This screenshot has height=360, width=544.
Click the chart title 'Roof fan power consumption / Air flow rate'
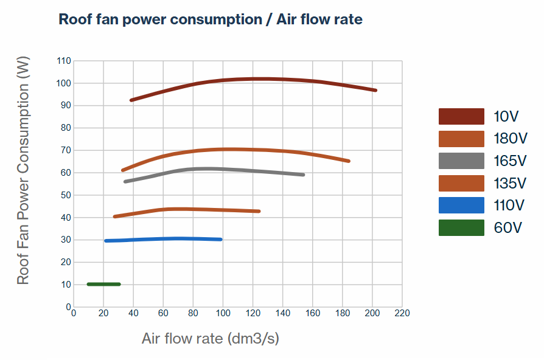[x=210, y=19]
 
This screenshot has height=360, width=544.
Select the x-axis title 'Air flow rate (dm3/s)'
[x=211, y=338]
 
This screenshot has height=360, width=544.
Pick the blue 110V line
[x=164, y=239]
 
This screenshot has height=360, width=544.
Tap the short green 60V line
[x=103, y=284]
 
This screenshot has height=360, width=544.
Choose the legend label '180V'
[x=510, y=139]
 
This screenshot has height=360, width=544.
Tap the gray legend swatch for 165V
[x=461, y=161]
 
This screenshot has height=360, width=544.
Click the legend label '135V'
[x=510, y=183]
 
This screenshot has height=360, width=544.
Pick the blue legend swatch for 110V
[x=461, y=206]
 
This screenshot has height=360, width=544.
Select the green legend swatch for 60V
[x=461, y=228]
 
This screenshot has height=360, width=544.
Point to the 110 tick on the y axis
[x=64, y=61]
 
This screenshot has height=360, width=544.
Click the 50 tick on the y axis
[x=66, y=195]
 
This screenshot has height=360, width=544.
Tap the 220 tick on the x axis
[x=402, y=313]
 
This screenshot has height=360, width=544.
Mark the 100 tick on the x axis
[x=223, y=313]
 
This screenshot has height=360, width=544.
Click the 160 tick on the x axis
[x=312, y=313]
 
